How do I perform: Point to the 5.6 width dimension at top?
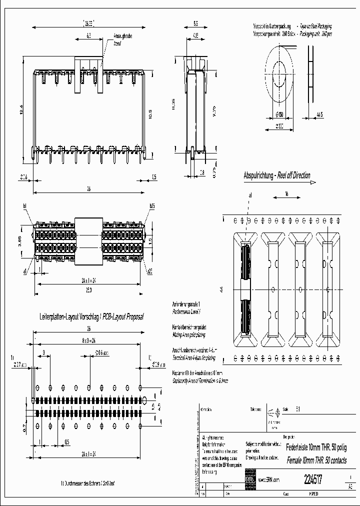click(195, 23)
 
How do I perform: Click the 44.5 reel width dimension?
click(320, 114)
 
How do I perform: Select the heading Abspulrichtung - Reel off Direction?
click(276, 175)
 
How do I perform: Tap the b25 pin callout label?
click(151, 205)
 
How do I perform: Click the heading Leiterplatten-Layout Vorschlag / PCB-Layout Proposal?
click(91, 317)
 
